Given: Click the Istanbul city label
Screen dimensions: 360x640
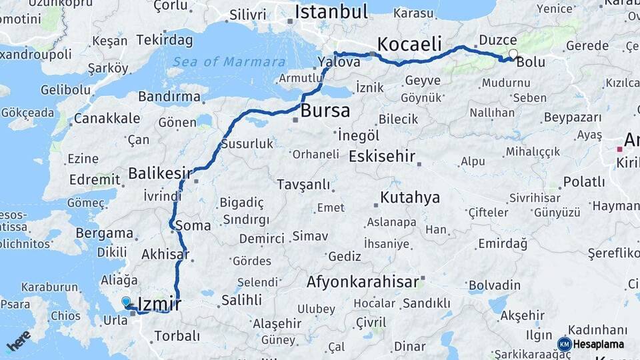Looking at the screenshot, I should pos(331,13).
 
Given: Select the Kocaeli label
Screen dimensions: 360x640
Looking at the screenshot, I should pos(409,45).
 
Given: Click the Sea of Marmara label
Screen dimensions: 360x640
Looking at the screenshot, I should pos(225,62).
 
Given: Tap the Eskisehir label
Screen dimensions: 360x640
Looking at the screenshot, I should pos(382,157).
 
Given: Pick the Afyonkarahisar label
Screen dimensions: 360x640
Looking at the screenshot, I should pos(363,282).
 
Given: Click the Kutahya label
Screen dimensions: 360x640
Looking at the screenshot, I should pos(410,197).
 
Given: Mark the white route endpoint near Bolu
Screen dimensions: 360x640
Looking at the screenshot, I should pos(513,54).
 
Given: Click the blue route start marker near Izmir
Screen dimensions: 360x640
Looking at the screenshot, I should pos(126,302).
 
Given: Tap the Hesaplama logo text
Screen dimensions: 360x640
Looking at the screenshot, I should pos(599,345).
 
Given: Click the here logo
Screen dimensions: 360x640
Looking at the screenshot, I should pos(19,341).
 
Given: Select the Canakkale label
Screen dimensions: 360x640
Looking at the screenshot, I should pos(107,118).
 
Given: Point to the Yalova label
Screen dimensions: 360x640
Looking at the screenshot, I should pos(339,62).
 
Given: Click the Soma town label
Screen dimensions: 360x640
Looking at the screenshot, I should pos(192,225).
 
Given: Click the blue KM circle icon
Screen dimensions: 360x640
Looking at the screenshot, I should pos(565,345).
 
